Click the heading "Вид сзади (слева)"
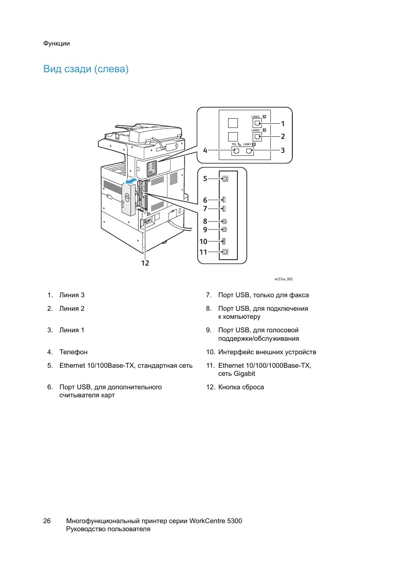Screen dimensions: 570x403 click(x=86, y=69)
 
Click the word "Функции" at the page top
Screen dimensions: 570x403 click(x=56, y=43)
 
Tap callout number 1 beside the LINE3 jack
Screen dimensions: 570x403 click(x=283, y=124)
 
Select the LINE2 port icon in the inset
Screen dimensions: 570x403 click(x=257, y=136)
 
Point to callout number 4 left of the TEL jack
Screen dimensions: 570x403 click(x=205, y=150)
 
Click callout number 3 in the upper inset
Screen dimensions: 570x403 click(x=283, y=150)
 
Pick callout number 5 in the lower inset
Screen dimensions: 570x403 click(x=205, y=179)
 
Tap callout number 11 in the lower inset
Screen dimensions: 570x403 click(x=203, y=252)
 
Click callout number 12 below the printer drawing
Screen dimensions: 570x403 click(x=145, y=263)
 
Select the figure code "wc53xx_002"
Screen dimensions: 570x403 click(x=283, y=279)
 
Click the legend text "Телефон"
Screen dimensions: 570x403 click(x=74, y=352)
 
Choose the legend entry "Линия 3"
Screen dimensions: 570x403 click(x=72, y=295)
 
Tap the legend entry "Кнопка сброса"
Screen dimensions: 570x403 click(x=241, y=387)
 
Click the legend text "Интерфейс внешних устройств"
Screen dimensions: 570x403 click(x=267, y=352)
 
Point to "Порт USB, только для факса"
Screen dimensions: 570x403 click(x=263, y=295)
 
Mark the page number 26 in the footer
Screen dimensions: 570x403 click(x=47, y=521)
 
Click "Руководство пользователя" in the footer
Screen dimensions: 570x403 click(x=108, y=529)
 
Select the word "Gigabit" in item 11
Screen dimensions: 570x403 click(x=245, y=374)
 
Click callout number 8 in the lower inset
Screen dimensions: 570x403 click(x=205, y=221)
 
